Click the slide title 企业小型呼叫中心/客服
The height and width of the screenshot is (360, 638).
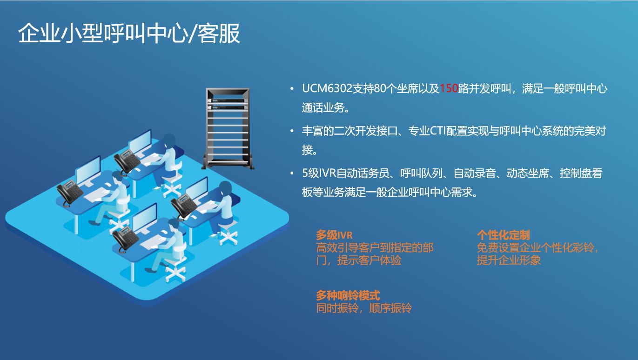(x=129, y=33)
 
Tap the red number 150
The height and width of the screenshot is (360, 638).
(x=449, y=88)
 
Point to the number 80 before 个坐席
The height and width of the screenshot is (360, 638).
(x=380, y=88)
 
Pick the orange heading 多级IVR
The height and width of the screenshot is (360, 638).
(x=334, y=235)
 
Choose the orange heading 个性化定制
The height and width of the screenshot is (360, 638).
(x=503, y=235)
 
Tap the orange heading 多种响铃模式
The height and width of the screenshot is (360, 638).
(x=348, y=295)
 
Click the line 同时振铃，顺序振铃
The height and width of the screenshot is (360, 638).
(x=364, y=308)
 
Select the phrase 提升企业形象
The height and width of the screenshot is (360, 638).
(x=509, y=260)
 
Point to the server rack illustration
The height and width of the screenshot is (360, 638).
(x=228, y=128)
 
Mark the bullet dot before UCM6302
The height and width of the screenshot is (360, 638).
(x=292, y=88)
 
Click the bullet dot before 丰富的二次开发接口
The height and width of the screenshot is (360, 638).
(x=292, y=131)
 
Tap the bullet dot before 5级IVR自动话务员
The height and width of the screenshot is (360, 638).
(x=292, y=173)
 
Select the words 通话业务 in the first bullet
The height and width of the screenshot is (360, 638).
(x=323, y=107)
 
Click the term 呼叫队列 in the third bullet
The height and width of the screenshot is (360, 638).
(x=421, y=173)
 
